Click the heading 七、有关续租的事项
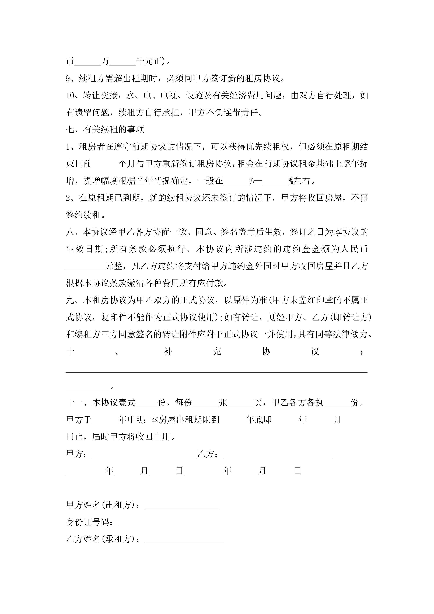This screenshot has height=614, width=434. coord(105,129)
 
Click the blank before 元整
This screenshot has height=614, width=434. coord(85,266)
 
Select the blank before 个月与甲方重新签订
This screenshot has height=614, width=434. coord(105,164)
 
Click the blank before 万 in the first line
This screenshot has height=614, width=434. coord(88,61)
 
